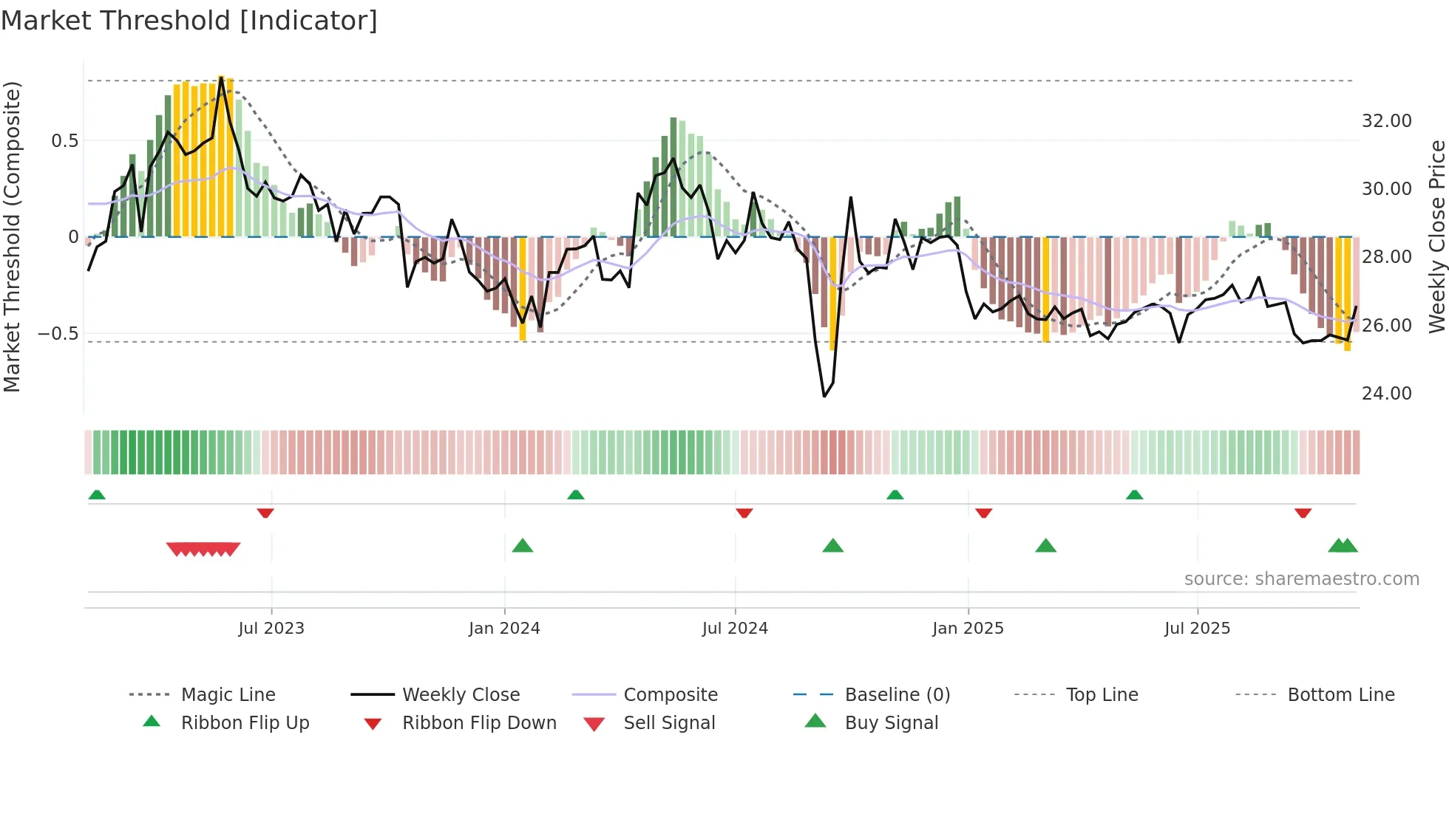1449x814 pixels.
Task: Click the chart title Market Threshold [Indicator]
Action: click(189, 21)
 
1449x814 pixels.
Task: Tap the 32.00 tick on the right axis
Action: click(1386, 121)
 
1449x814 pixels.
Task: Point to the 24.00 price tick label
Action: click(1386, 394)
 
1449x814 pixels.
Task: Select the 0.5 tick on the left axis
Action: click(64, 141)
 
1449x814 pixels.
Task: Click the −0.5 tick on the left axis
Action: click(58, 334)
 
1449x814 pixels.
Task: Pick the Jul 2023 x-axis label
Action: click(271, 629)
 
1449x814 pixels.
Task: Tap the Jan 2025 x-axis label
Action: click(967, 629)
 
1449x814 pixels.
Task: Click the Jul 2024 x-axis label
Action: click(734, 629)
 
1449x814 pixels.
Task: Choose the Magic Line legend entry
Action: click(228, 695)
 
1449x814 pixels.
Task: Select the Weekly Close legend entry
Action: click(461, 695)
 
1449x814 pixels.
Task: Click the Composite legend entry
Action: click(670, 695)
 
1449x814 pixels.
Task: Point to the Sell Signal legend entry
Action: click(668, 723)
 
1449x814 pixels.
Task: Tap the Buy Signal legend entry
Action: click(891, 723)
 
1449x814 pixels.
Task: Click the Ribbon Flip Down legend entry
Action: click(478, 723)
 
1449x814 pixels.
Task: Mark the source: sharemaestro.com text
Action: click(1301, 579)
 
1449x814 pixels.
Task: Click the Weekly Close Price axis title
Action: click(1436, 236)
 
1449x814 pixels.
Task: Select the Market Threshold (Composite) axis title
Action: click(12, 236)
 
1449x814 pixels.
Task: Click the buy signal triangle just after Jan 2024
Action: click(523, 547)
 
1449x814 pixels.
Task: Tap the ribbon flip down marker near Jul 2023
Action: click(265, 513)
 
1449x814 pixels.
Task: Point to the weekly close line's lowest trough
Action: click(824, 396)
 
